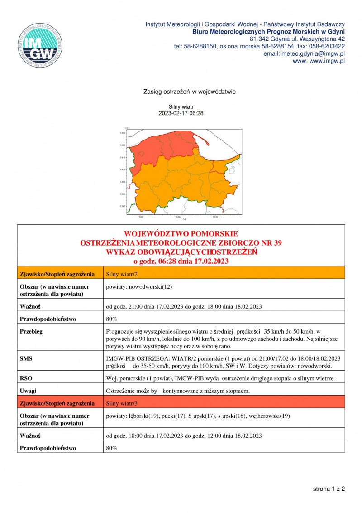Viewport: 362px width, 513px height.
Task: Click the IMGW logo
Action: [40, 44]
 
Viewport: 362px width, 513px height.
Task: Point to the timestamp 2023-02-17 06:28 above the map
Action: [181, 113]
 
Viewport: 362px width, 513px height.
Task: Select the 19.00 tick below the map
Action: [215, 217]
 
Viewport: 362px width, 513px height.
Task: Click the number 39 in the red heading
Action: [277, 243]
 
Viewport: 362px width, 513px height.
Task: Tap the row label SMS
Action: [26, 358]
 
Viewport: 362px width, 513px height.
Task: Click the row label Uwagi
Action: [29, 391]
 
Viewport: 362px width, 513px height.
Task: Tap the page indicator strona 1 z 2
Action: [329, 489]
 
